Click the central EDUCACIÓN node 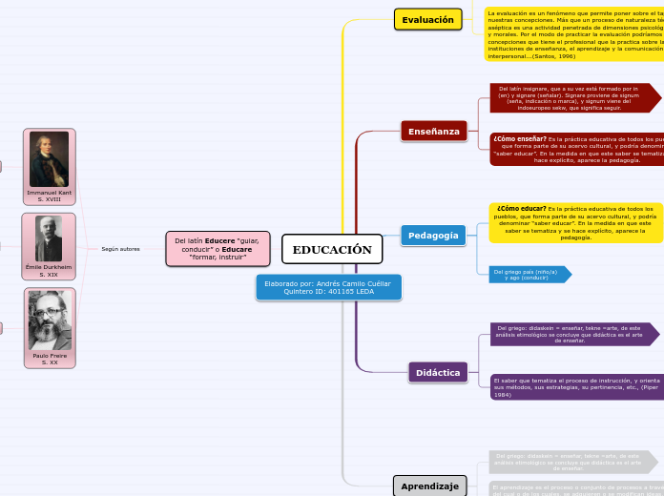332,250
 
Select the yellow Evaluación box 427,19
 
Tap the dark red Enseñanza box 434,131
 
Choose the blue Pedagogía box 433,236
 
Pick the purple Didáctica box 438,372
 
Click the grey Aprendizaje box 429,486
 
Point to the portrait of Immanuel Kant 49,159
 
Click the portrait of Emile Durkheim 49,239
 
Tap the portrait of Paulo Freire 49,320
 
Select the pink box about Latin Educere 218,249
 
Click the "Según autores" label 120,249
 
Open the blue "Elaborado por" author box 328,287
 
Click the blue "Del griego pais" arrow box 528,275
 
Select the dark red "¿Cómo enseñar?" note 576,149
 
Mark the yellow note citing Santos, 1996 573,34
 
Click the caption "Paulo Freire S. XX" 49,359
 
